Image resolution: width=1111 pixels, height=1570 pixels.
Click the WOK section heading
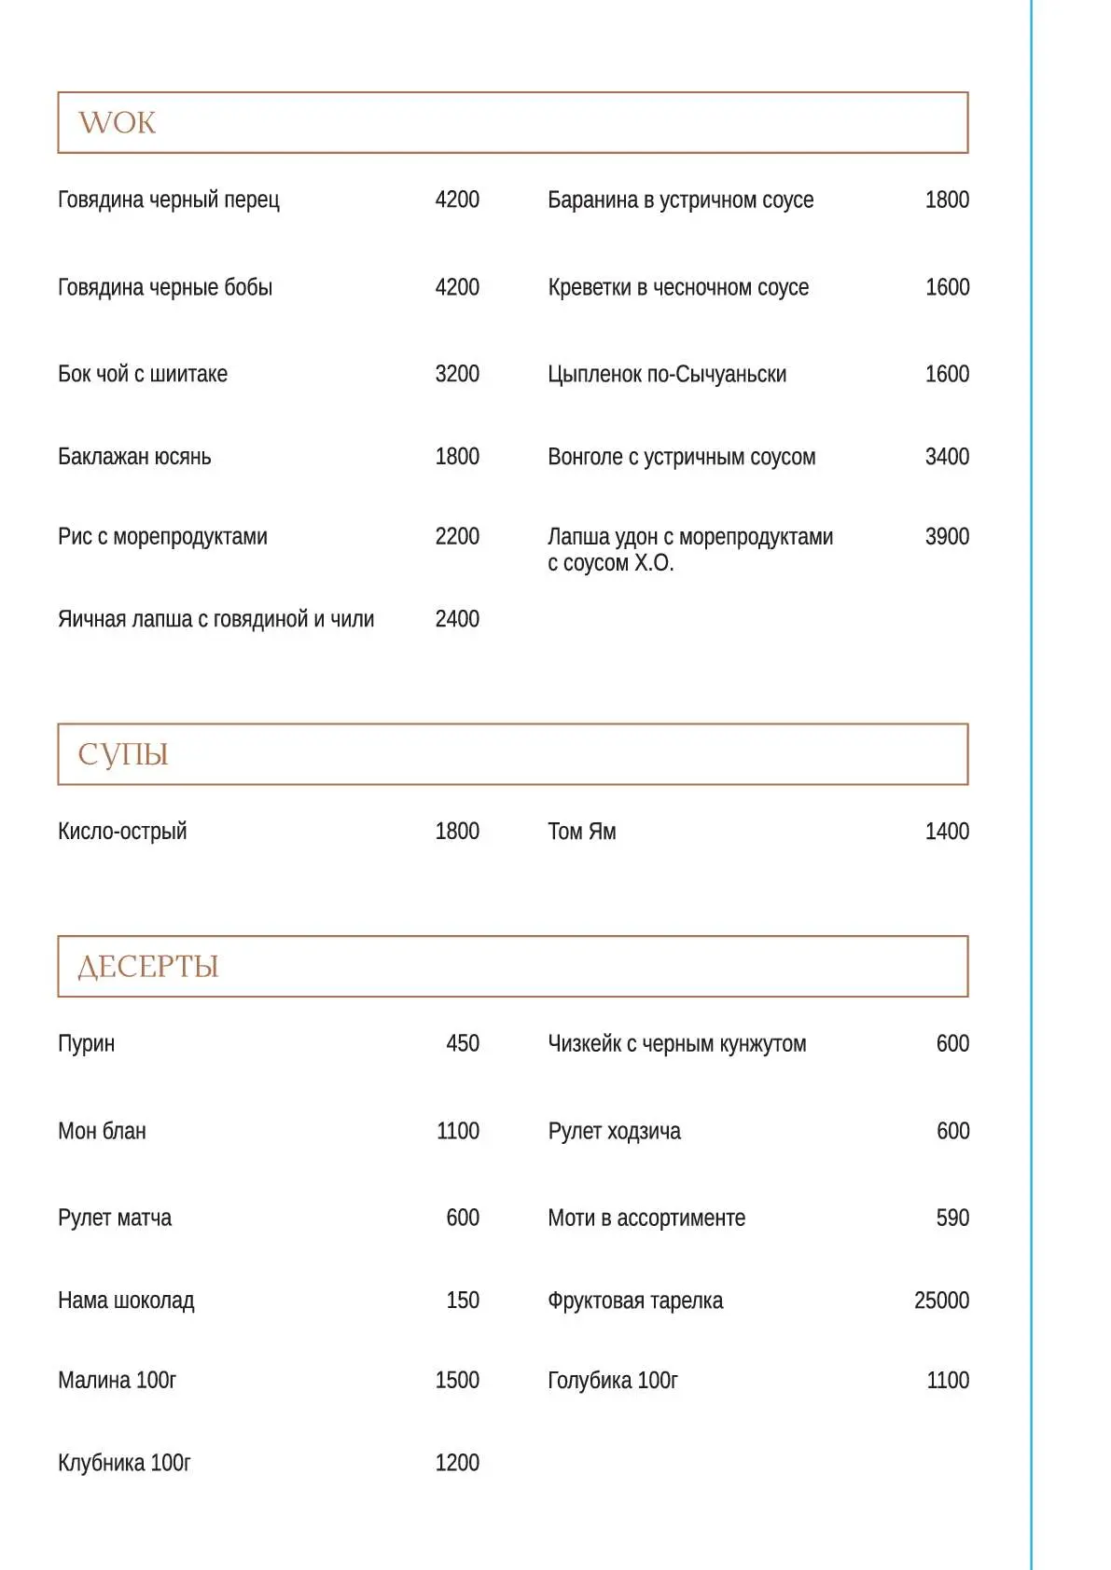117,122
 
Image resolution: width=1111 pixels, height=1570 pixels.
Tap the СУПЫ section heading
122,753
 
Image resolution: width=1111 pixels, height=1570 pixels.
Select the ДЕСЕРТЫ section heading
147,966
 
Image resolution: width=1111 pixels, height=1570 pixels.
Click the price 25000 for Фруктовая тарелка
940,1300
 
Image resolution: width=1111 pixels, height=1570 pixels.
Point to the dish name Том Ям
581,831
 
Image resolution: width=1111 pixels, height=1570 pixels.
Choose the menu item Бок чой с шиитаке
142,374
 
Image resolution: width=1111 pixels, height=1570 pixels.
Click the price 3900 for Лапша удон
946,536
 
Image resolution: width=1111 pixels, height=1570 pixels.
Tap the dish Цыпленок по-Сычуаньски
666,374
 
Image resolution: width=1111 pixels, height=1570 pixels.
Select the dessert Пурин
86,1043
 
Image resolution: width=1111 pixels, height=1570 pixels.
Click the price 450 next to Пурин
462,1043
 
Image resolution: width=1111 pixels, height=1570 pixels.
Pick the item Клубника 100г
123,1462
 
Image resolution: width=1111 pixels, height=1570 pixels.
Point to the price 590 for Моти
951,1218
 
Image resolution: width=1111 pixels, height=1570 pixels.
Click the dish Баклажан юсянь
134,457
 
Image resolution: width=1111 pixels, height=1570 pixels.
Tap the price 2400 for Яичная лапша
456,619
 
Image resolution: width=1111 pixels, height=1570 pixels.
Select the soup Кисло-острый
121,831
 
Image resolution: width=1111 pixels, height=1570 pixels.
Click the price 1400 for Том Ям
946,831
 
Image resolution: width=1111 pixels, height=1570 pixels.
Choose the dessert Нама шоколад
125,1300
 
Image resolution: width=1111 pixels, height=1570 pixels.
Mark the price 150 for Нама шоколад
462,1300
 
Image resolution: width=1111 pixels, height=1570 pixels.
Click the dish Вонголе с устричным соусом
681,457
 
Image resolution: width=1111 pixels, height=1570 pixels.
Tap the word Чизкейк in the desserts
584,1043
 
